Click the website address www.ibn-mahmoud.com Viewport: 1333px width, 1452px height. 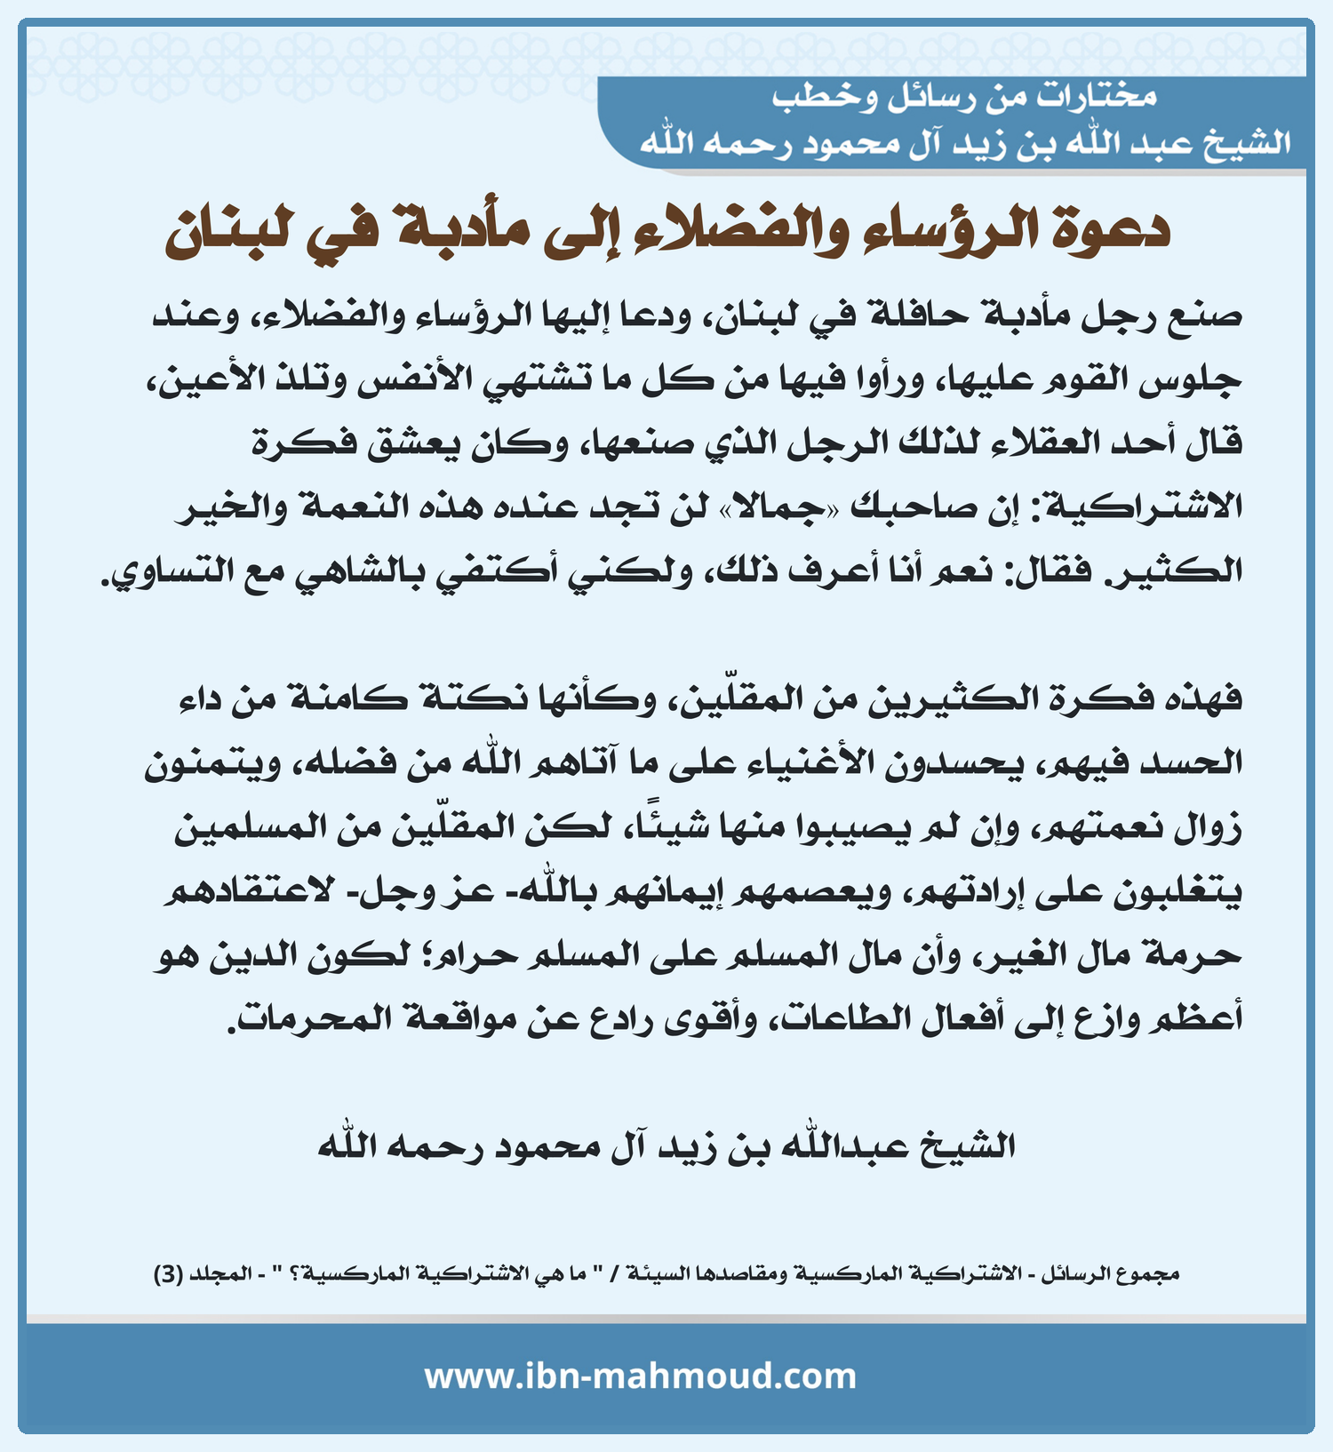[x=640, y=1376]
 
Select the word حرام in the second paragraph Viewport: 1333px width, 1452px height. [x=475, y=956]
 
